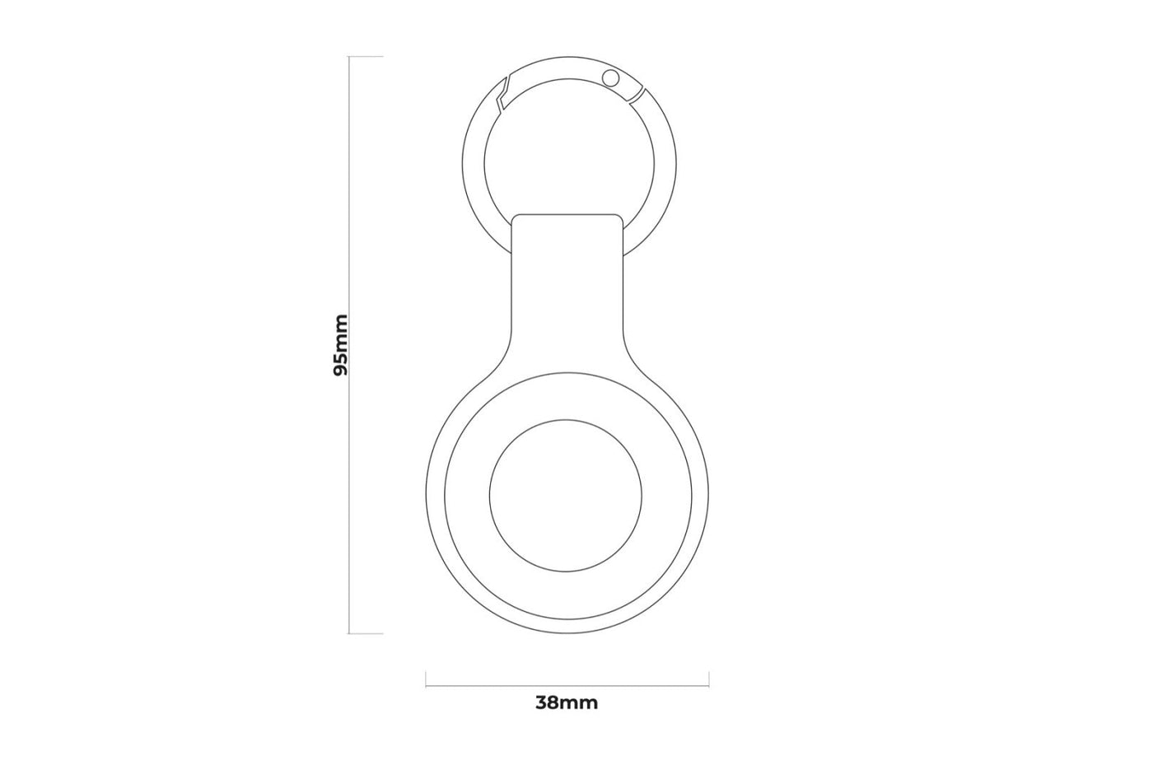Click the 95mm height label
[x=341, y=345]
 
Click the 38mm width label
[x=567, y=703]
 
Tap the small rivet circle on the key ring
[x=611, y=79]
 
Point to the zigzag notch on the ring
[x=502, y=95]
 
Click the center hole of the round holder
[x=565, y=495]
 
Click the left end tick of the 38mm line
[x=426, y=679]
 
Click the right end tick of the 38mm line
[x=709, y=679]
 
